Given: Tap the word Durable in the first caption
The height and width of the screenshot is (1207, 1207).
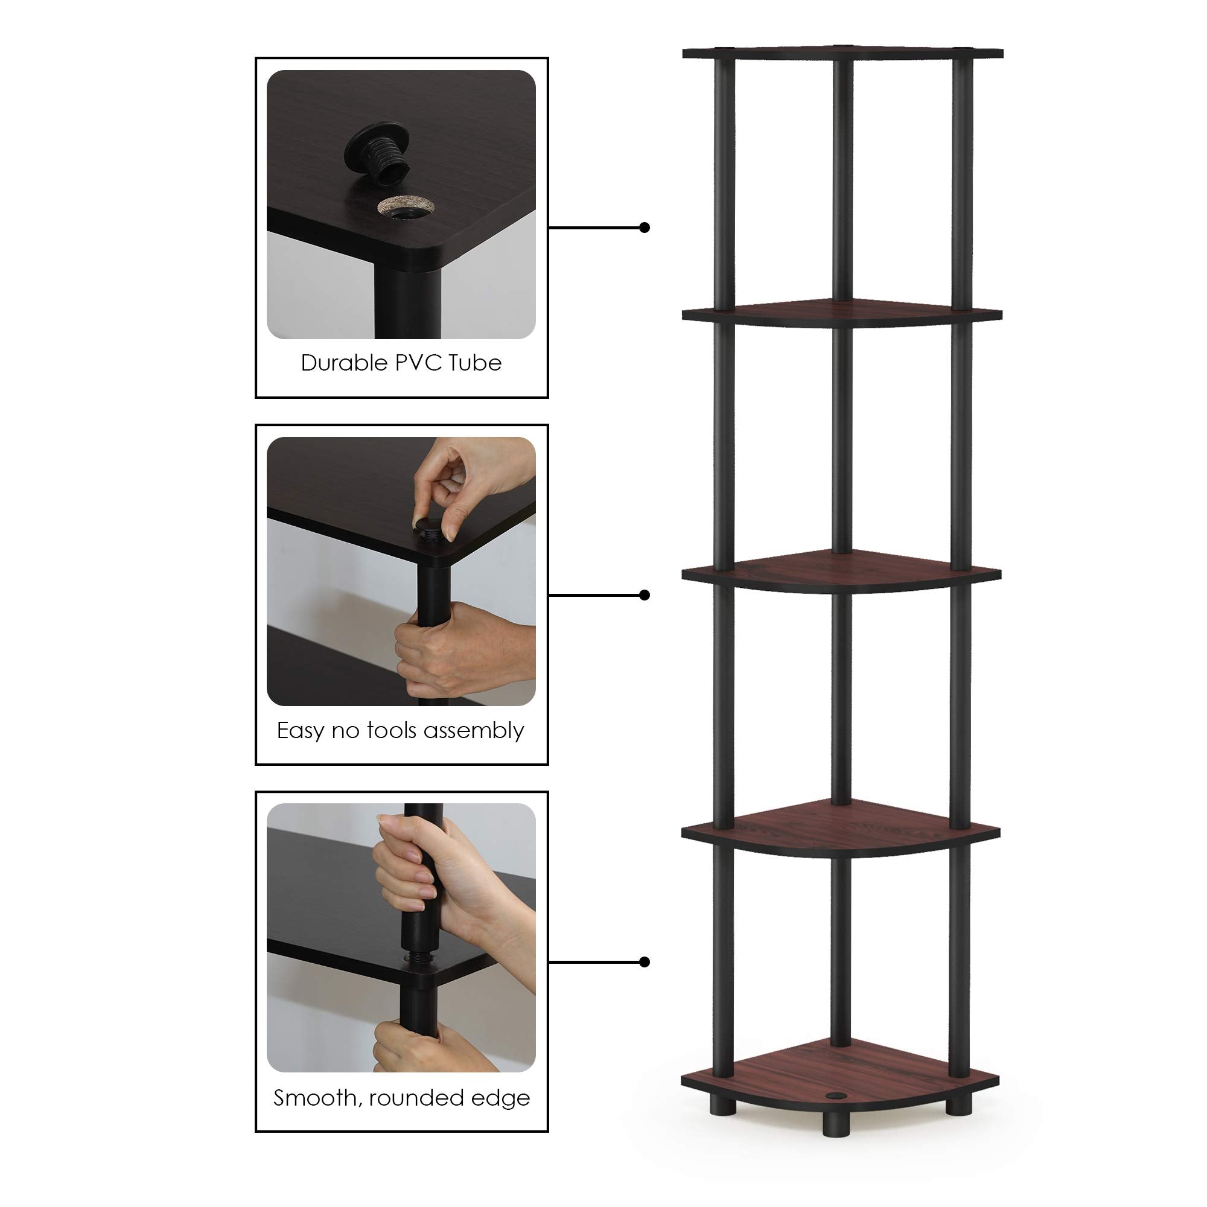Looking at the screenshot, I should click(344, 363).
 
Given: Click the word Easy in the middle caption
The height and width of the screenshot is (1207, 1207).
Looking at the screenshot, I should click(300, 731).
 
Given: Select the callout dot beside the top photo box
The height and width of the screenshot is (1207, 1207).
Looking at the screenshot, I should click(645, 228).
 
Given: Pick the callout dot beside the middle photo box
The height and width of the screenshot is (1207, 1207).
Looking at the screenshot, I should click(645, 595).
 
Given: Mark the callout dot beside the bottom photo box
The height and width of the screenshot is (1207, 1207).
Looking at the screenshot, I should click(645, 962).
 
